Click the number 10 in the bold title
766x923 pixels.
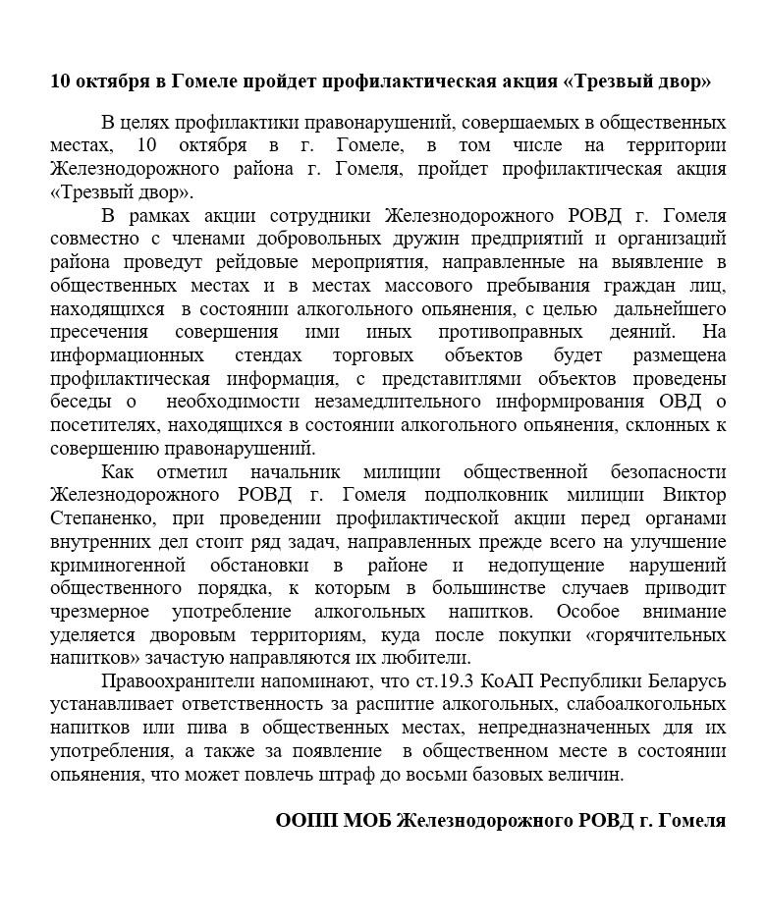[61, 81]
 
